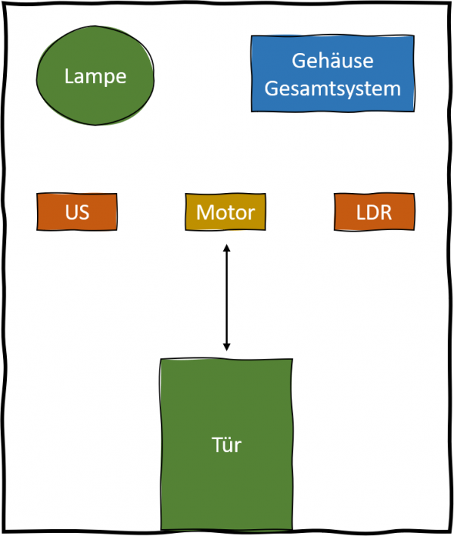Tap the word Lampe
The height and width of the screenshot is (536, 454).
(x=95, y=76)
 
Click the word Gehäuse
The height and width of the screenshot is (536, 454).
(x=333, y=61)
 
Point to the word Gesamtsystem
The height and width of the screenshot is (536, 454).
(x=333, y=89)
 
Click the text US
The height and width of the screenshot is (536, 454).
(x=77, y=213)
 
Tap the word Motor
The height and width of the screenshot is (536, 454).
(x=225, y=213)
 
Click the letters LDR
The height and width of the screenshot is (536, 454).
(x=374, y=213)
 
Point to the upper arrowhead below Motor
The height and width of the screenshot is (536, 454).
(x=226, y=248)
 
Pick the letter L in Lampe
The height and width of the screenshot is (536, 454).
(x=69, y=76)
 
